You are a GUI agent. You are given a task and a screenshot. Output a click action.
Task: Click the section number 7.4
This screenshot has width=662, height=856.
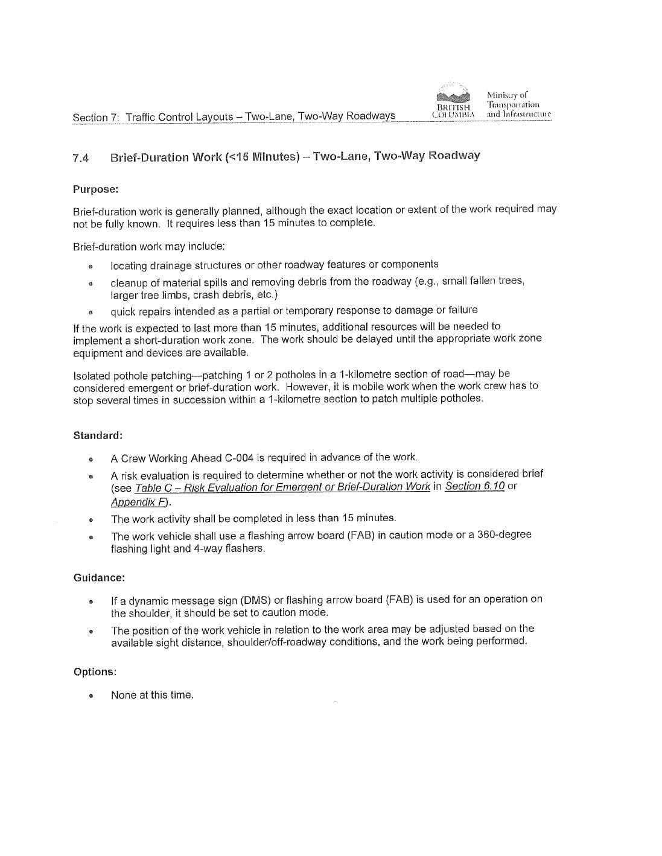[81, 159]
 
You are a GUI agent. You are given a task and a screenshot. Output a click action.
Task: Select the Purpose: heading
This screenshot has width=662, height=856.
[95, 189]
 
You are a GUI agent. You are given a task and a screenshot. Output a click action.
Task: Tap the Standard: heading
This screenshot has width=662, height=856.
[98, 436]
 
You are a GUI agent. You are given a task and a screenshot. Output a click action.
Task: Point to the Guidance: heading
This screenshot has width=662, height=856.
[99, 578]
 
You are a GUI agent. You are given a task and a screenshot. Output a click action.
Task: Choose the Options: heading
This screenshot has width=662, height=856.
[95, 672]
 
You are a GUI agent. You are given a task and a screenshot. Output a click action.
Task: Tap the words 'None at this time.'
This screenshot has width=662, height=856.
[152, 695]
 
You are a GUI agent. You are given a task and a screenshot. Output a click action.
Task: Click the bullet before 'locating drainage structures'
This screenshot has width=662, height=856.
[91, 266]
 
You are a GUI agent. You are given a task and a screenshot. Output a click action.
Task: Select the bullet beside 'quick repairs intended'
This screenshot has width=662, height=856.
[91, 313]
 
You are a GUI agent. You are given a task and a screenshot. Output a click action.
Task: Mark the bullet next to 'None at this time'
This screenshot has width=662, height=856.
[91, 696]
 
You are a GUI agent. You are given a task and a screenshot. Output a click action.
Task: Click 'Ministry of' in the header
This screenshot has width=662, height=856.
[507, 95]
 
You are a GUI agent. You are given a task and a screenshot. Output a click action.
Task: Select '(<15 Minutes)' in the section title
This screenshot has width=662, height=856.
[263, 157]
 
